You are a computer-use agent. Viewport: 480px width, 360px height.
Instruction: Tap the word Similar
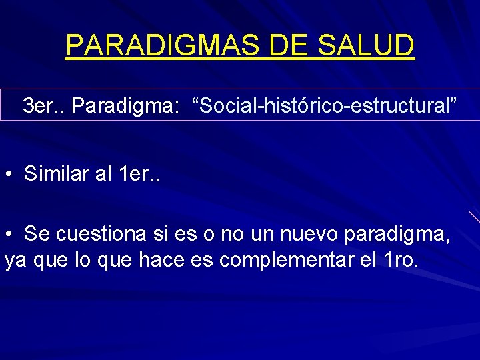pos(57,175)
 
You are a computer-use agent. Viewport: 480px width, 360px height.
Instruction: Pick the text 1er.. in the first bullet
pos(139,175)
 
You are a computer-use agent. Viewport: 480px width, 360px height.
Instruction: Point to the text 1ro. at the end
pos(403,259)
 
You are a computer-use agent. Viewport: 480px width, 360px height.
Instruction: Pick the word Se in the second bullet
pos(37,234)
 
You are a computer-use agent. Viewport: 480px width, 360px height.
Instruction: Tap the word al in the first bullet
pos(103,175)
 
